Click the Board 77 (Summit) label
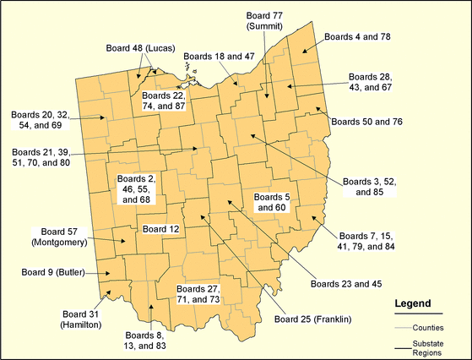(x=264, y=21)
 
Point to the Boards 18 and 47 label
(x=219, y=55)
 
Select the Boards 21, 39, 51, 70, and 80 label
(x=40, y=158)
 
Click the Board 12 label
(x=160, y=229)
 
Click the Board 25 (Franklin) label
(x=312, y=319)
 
